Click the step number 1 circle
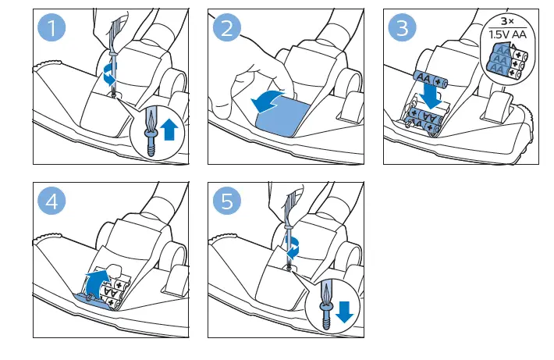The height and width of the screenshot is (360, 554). (51, 27)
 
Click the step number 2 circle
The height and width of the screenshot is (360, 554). (227, 27)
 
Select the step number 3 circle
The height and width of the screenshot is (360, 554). (402, 27)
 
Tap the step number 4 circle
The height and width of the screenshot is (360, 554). (51, 201)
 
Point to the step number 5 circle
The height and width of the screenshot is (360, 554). (227, 201)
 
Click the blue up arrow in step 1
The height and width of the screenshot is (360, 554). (169, 130)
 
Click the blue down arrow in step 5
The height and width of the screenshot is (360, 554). (344, 312)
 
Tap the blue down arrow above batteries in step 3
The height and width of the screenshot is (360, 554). (431, 96)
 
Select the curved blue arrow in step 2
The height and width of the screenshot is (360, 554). (266, 102)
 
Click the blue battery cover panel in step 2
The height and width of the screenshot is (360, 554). (282, 117)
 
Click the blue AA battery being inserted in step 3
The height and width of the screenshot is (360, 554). (431, 79)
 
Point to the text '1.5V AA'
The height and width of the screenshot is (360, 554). (507, 34)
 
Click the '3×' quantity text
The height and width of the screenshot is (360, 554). (507, 21)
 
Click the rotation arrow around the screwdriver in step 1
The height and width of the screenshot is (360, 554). (109, 74)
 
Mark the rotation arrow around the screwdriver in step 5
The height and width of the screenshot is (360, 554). (293, 248)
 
